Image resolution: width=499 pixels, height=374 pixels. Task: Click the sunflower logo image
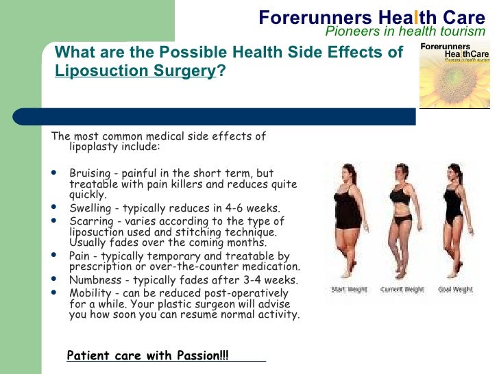click(x=455, y=75)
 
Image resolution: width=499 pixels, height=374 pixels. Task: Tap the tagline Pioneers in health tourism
click(x=410, y=31)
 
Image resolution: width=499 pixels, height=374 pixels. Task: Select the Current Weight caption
click(x=404, y=290)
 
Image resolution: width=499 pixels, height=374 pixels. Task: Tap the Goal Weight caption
click(x=454, y=290)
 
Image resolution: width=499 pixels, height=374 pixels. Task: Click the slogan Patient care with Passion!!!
click(x=147, y=356)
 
